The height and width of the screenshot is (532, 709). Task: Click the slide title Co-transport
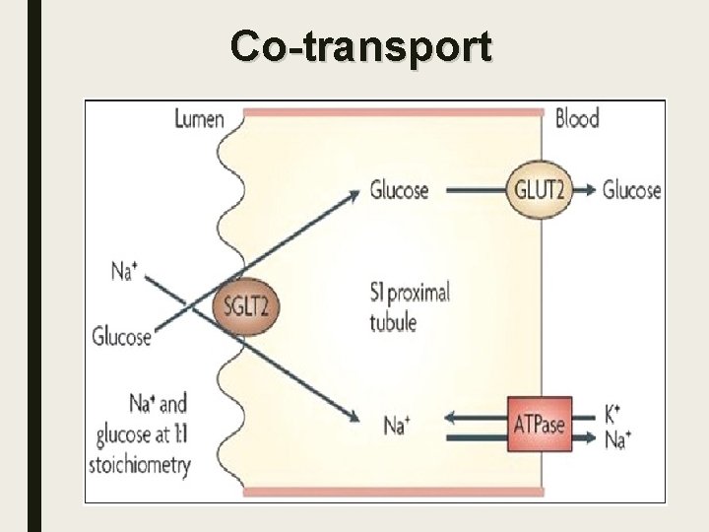[x=360, y=46]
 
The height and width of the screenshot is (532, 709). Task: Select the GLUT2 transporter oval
[x=539, y=190]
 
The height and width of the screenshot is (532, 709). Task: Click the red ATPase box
[x=539, y=425]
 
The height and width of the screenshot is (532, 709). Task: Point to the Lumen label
[x=200, y=120]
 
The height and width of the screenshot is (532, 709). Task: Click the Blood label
[x=577, y=119]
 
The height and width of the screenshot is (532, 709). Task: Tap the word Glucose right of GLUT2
[x=631, y=190]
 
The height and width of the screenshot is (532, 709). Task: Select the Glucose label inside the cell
[x=399, y=189]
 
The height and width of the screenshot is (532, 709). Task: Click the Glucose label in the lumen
[x=121, y=336]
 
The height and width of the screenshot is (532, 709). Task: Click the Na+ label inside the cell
[x=397, y=426]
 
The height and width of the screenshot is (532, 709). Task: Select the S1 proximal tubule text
[x=409, y=306]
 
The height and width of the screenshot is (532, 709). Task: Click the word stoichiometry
[x=140, y=463]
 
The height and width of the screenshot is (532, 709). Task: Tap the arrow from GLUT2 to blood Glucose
[x=584, y=190]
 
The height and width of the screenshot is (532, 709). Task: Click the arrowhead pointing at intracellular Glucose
[x=352, y=194]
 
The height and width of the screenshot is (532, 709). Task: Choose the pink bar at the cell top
[x=393, y=112]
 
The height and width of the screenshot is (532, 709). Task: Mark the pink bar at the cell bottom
[x=393, y=491]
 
